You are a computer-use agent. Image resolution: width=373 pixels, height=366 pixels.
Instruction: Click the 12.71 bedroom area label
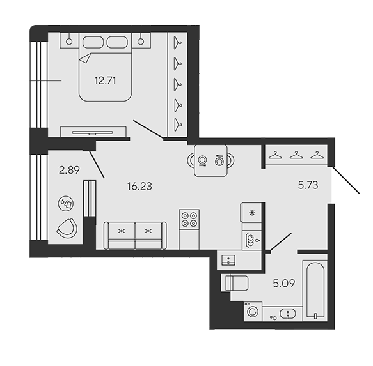tap(105, 80)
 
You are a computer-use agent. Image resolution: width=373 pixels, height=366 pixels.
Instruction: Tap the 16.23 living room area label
tap(139, 187)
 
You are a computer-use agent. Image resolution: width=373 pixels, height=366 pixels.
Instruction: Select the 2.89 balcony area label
tap(69, 170)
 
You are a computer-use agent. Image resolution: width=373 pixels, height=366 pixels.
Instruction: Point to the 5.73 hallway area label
tap(308, 185)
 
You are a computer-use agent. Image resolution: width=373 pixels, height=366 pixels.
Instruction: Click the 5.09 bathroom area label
tap(284, 283)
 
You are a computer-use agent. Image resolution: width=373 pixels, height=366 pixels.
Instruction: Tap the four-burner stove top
tap(189, 219)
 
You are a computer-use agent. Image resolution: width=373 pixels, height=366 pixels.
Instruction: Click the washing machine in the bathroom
tap(253, 311)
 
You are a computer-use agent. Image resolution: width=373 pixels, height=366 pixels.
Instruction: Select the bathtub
tap(315, 290)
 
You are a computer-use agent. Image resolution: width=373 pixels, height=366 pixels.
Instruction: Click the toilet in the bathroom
tap(235, 283)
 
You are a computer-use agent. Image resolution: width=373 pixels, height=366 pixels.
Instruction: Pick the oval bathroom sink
tap(288, 314)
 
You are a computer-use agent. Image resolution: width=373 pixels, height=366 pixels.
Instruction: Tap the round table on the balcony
tap(66, 204)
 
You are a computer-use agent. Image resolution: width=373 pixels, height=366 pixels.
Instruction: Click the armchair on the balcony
tap(67, 228)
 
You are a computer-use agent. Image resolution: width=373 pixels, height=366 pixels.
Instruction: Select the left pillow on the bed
tap(93, 42)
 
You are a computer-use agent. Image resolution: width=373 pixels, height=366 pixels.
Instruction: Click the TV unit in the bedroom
tap(93, 132)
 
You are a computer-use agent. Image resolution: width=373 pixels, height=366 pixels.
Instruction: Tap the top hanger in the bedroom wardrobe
tap(177, 43)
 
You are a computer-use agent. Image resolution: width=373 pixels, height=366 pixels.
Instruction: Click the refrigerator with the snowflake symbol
tap(251, 213)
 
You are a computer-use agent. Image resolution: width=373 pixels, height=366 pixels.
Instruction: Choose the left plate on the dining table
tap(203, 160)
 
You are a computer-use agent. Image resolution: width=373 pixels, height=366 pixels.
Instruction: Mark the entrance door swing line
tap(345, 180)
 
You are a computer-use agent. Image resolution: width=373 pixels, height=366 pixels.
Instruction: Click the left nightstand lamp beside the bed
tap(69, 42)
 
